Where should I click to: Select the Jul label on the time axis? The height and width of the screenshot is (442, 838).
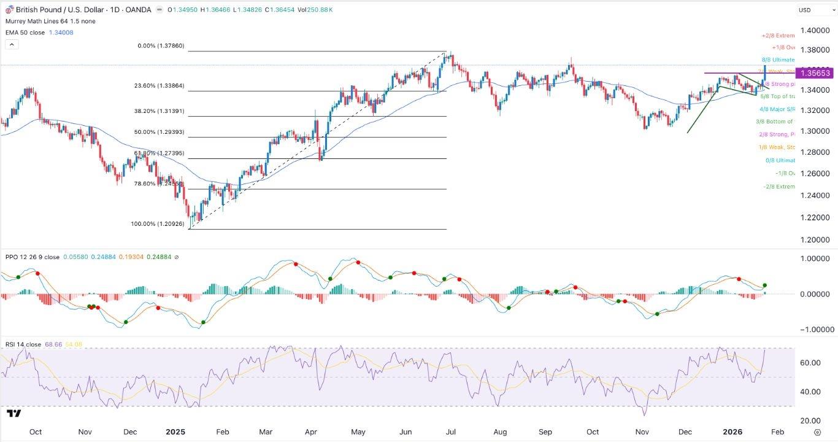point(450,432)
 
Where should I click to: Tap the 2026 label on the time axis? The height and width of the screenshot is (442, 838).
point(732,432)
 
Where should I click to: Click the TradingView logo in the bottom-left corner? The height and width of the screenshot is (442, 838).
point(15,414)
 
